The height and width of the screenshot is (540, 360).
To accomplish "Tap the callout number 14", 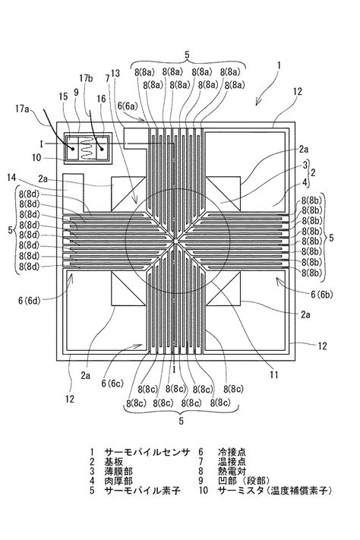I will coord(30,176).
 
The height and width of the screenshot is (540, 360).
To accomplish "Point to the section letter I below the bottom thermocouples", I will coord(176,367).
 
